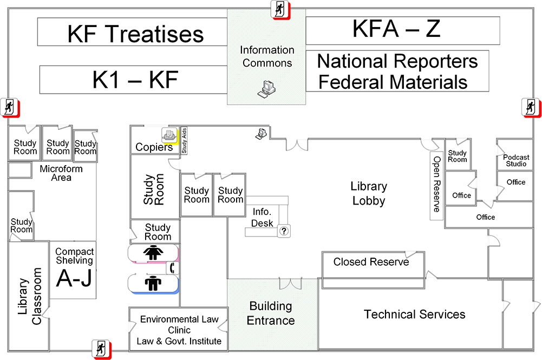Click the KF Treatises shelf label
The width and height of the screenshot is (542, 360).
135,34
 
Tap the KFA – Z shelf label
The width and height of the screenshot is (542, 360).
396,29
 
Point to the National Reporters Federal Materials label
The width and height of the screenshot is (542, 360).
397,71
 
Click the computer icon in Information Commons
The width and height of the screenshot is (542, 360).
266,88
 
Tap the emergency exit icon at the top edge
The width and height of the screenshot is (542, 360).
280,9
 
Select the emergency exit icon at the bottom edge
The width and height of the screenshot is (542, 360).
100,348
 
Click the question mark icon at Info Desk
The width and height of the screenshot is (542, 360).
284,231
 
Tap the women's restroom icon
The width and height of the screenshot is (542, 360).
153,253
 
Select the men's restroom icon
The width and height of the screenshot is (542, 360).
153,283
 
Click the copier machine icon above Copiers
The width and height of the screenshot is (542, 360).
169,134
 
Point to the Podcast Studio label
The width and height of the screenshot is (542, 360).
515,160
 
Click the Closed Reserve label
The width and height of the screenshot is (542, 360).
371,262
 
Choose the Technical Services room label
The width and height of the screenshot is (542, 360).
414,315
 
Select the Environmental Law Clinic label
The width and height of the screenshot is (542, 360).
179,330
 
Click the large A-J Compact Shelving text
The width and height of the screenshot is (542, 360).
74,278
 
